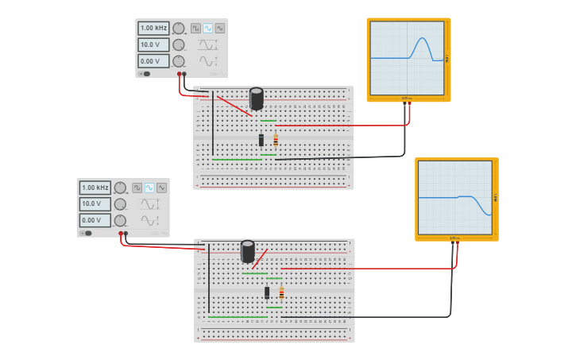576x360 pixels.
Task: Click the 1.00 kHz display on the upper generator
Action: pyautogui.click(x=153, y=28)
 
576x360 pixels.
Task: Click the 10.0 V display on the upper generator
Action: pyautogui.click(x=153, y=45)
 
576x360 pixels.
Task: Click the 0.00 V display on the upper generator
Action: pyautogui.click(x=153, y=61)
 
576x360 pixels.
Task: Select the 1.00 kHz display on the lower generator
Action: pyautogui.click(x=95, y=188)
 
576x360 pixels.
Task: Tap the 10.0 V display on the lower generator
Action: pyautogui.click(x=95, y=204)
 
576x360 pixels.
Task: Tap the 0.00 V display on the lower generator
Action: pyautogui.click(x=95, y=220)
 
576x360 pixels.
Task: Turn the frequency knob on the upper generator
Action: pyautogui.click(x=179, y=29)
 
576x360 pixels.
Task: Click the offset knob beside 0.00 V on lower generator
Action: pyautogui.click(x=120, y=221)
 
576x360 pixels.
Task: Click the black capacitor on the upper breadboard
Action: pyautogui.click(x=257, y=99)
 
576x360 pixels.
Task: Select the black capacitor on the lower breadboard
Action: pyautogui.click(x=248, y=251)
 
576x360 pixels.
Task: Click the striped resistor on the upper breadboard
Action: pyautogui.click(x=276, y=140)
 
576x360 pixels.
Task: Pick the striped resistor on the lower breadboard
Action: pyautogui.click(x=281, y=292)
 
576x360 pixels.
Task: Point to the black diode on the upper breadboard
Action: pyautogui.click(x=261, y=140)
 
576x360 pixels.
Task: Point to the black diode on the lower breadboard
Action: pyautogui.click(x=267, y=292)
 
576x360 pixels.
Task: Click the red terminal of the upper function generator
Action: pyautogui.click(x=179, y=74)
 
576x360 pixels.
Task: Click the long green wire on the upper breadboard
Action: pyautogui.click(x=236, y=160)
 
